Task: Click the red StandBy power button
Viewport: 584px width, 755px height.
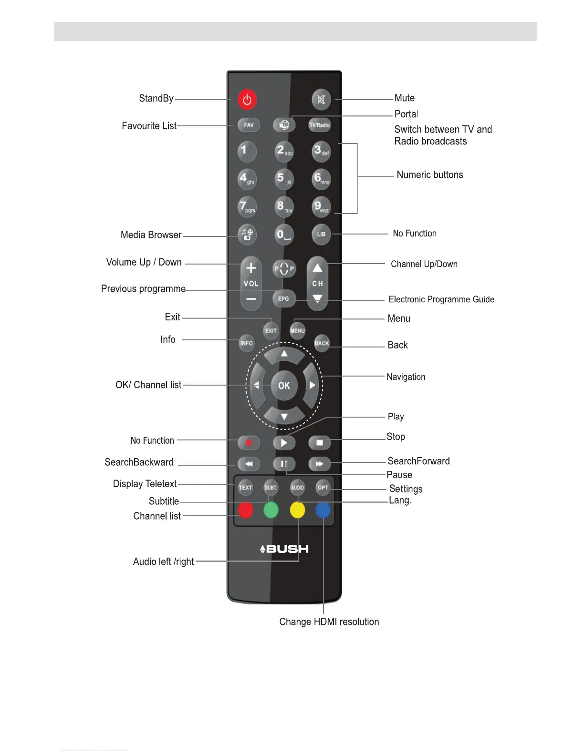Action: point(247,100)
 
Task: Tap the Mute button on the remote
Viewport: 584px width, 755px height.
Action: point(321,100)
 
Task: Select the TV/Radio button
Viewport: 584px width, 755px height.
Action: point(320,125)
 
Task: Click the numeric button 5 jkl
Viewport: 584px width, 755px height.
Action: point(283,179)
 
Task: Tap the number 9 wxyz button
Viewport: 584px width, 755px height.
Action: point(321,207)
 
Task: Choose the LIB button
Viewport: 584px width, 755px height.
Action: point(321,234)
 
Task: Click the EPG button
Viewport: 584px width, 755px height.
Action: point(283,299)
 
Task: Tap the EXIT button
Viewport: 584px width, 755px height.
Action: point(271,330)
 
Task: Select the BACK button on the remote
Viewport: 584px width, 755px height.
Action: point(322,343)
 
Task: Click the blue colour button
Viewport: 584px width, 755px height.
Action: point(323,510)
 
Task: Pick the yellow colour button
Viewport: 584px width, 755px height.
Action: point(297,510)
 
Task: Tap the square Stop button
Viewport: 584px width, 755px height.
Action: point(320,443)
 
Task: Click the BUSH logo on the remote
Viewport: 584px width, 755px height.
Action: point(284,549)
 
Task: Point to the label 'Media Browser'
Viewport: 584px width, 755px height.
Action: point(151,235)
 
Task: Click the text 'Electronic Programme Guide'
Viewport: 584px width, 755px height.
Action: point(441,299)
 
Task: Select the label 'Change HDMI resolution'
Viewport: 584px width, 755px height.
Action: point(329,622)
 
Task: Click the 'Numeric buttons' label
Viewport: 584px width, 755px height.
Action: point(429,175)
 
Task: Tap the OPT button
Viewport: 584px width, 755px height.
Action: point(323,488)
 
